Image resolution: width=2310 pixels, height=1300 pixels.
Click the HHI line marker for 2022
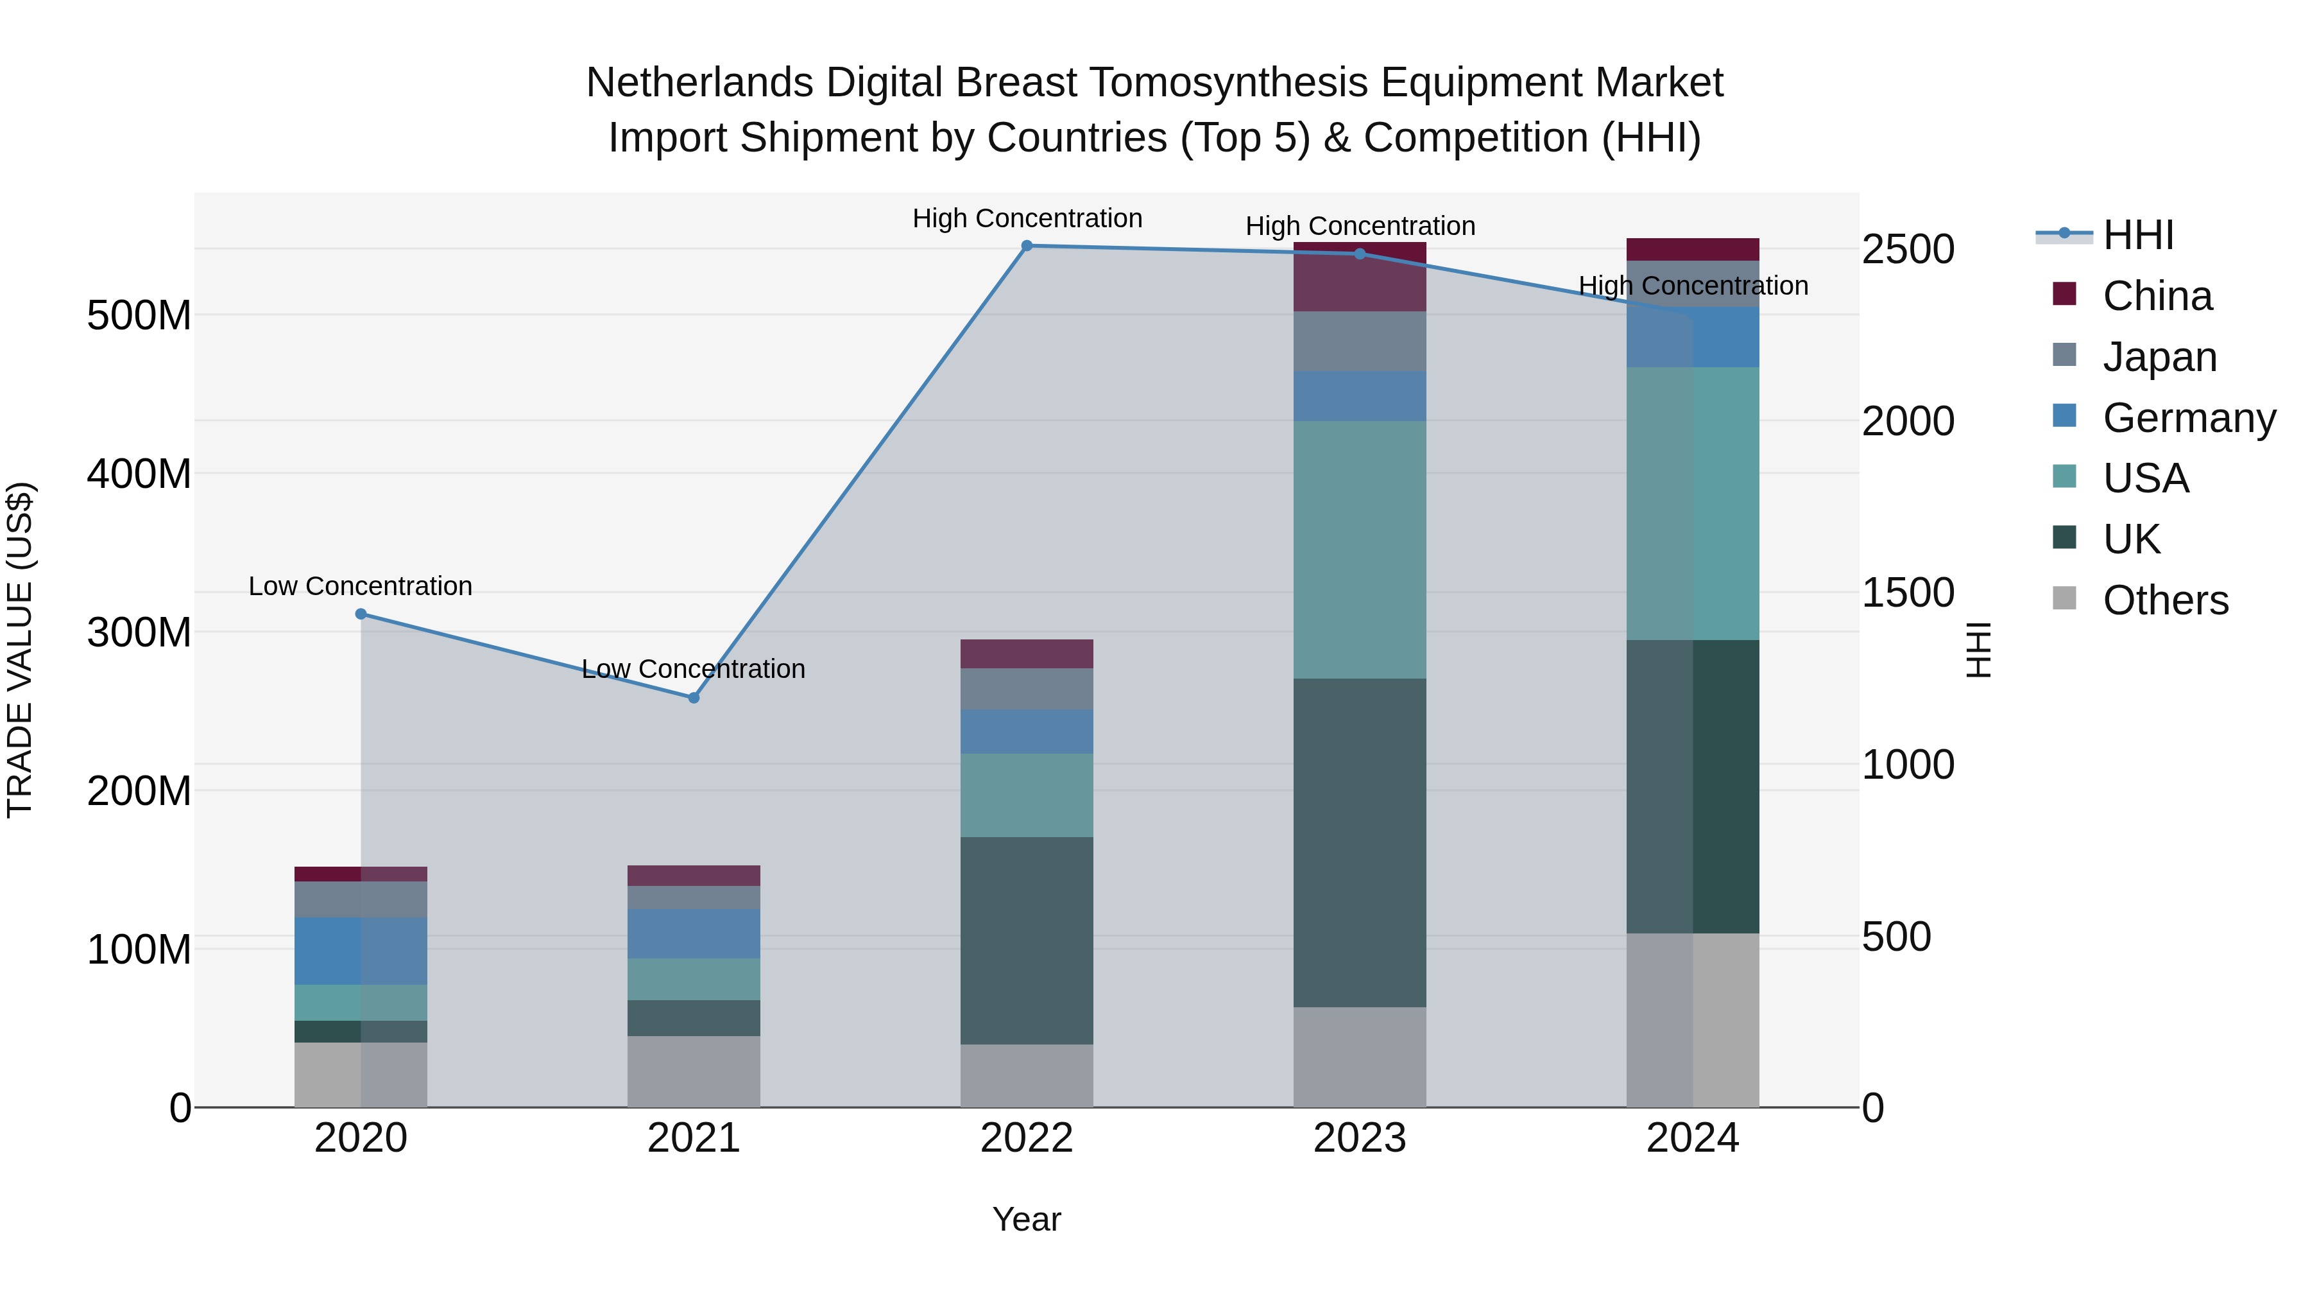click(x=1027, y=246)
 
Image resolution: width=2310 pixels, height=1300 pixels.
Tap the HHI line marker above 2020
click(x=361, y=614)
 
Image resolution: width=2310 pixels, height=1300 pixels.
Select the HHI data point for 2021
click(x=693, y=698)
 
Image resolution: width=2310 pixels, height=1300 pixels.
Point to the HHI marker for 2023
click(x=1360, y=254)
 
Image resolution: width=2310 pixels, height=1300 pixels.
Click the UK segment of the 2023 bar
click(x=1360, y=844)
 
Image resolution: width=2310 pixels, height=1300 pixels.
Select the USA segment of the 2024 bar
click(x=1693, y=503)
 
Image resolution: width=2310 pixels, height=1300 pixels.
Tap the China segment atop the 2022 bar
click(x=1027, y=654)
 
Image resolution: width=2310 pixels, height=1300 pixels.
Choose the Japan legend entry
click(x=2159, y=357)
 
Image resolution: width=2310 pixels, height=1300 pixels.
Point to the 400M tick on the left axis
click(x=139, y=474)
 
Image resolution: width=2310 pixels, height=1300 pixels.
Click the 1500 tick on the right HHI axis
click(x=1908, y=593)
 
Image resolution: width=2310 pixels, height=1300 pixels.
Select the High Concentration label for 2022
click(x=1027, y=218)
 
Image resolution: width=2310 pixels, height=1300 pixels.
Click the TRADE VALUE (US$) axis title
click(x=20, y=650)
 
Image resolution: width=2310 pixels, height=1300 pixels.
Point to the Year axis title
click(x=1026, y=1219)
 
